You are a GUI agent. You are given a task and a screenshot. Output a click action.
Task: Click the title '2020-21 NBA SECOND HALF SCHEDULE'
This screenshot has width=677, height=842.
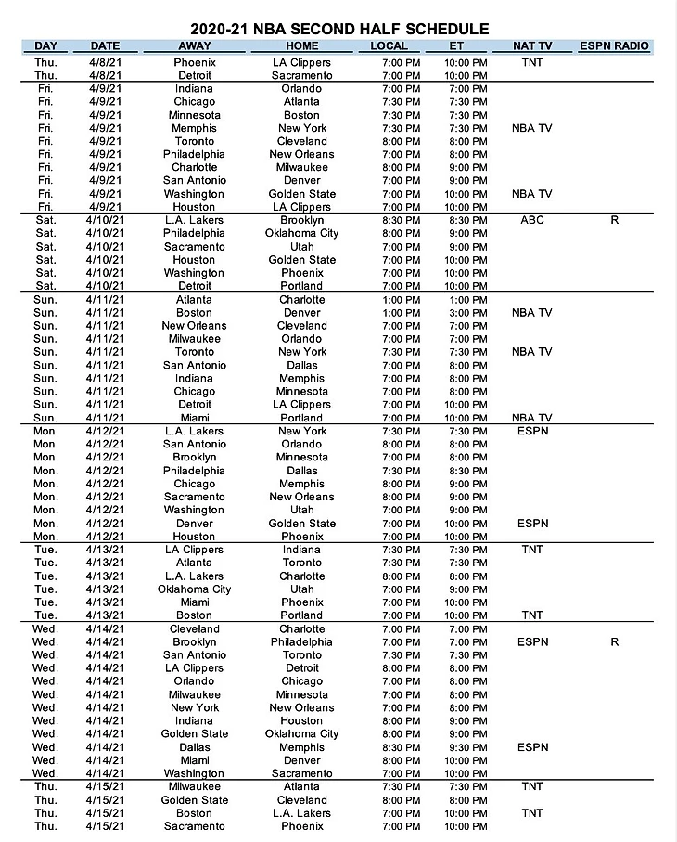[x=338, y=29]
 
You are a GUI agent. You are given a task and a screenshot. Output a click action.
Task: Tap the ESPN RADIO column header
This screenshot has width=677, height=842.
[x=613, y=45]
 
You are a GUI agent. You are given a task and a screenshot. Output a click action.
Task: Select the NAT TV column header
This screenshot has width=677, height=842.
[x=532, y=45]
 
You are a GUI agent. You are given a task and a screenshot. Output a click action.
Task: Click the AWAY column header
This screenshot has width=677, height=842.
[x=194, y=45]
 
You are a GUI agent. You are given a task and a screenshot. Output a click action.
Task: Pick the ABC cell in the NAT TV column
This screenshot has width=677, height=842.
[x=532, y=220]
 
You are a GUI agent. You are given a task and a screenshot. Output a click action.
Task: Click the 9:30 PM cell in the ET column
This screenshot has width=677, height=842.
[x=466, y=747]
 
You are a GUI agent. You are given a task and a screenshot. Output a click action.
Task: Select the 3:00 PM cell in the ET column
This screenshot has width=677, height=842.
[x=466, y=313]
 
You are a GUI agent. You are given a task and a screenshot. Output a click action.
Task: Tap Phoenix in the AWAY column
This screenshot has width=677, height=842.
[x=194, y=62]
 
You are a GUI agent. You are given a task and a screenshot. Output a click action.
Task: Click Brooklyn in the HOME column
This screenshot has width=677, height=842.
[x=302, y=220]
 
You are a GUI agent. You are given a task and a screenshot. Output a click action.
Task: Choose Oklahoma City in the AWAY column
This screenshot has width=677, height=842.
[x=194, y=589]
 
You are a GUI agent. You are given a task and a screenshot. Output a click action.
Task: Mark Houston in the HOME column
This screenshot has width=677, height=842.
[x=302, y=720]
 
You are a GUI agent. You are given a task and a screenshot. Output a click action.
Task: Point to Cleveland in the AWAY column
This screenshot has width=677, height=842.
[x=194, y=628]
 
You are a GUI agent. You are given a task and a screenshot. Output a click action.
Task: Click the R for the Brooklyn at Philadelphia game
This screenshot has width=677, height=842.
[x=613, y=641]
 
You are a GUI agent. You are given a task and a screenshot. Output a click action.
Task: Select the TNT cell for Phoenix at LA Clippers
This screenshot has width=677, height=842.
[x=532, y=62]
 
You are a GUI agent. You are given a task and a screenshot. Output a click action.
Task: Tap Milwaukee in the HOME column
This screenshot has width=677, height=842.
[x=302, y=167]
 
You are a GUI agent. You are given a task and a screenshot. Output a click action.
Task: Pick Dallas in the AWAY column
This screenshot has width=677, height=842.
[x=194, y=747]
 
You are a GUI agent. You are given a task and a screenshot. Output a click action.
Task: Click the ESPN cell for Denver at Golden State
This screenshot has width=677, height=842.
[x=532, y=524]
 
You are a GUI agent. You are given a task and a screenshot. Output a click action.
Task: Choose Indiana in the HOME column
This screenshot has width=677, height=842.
[x=302, y=550]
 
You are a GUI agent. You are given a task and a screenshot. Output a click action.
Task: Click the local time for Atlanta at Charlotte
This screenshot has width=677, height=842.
[x=401, y=299]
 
